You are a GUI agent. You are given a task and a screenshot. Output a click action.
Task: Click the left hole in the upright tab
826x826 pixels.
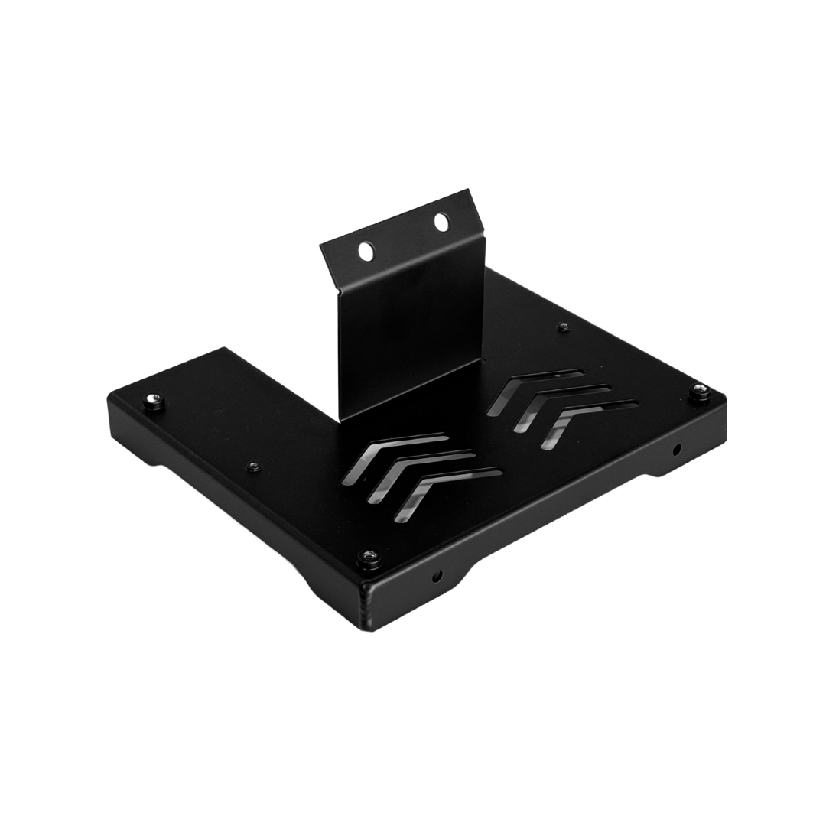[x=366, y=250]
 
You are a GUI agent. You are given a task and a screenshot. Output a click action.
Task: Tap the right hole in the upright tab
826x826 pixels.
[x=441, y=223]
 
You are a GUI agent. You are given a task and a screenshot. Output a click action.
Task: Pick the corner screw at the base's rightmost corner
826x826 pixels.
[x=700, y=392]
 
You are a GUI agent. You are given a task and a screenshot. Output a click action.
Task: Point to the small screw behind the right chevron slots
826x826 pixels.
[x=564, y=327]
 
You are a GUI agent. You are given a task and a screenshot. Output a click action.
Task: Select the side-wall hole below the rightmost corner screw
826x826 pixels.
[x=676, y=449]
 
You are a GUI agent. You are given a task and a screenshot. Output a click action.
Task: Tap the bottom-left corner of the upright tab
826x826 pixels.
[x=340, y=418]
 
